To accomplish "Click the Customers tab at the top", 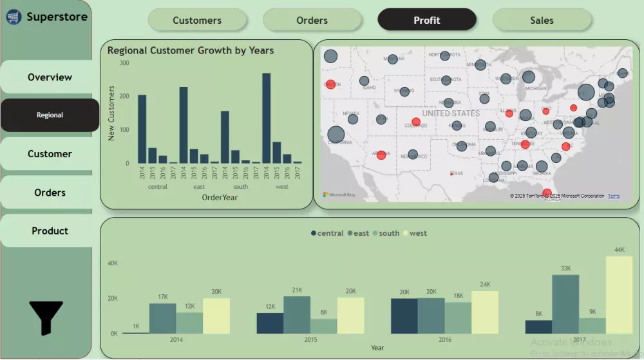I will [197, 20].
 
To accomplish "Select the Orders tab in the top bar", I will [312, 20].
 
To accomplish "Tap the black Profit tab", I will [427, 20].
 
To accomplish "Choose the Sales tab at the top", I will [542, 20].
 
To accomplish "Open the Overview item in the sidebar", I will [50, 77].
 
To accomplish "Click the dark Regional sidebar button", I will [50, 115].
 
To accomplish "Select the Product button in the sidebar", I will [50, 231].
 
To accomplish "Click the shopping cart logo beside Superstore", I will [14, 17].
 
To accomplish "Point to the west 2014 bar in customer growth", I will [266, 118].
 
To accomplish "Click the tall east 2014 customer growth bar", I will [184, 125].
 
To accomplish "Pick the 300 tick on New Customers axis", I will [124, 63].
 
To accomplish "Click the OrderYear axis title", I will [220, 198].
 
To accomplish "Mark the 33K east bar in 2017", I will [565, 304].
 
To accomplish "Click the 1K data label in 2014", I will [136, 327].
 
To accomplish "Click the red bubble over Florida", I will [547, 193].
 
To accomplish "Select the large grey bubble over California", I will [336, 135].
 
